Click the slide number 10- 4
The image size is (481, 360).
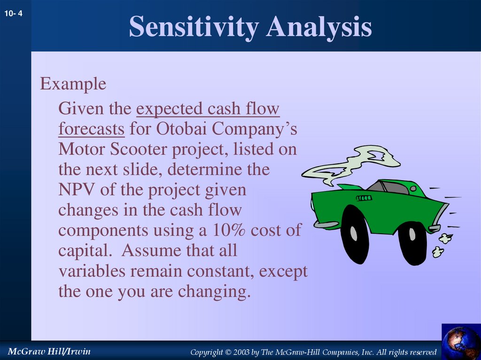(x=14, y=14)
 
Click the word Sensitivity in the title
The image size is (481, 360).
(x=193, y=27)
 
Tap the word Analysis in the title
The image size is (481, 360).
(x=319, y=27)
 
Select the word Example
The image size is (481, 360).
(x=73, y=84)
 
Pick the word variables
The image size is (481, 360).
(x=94, y=271)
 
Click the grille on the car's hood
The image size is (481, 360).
(x=364, y=198)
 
